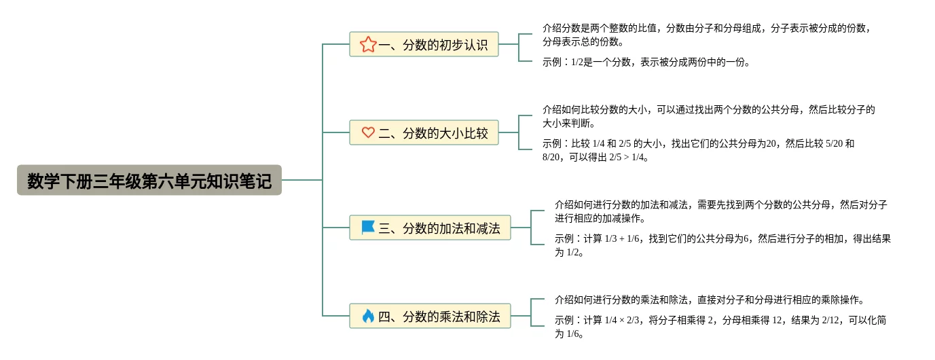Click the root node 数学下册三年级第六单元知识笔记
[149, 181]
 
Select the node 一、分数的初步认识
[424, 45]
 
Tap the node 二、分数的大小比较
[424, 133]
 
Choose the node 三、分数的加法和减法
[430, 228]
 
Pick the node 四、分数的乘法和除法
[430, 317]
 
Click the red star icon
[368, 45]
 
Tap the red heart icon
[368, 133]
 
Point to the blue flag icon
[368, 228]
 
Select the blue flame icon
[368, 316]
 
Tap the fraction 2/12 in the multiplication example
[831, 320]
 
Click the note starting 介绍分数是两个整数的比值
[706, 35]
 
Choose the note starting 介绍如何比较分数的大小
[708, 116]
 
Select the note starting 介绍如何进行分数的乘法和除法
[709, 300]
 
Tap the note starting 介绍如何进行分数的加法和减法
[720, 211]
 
